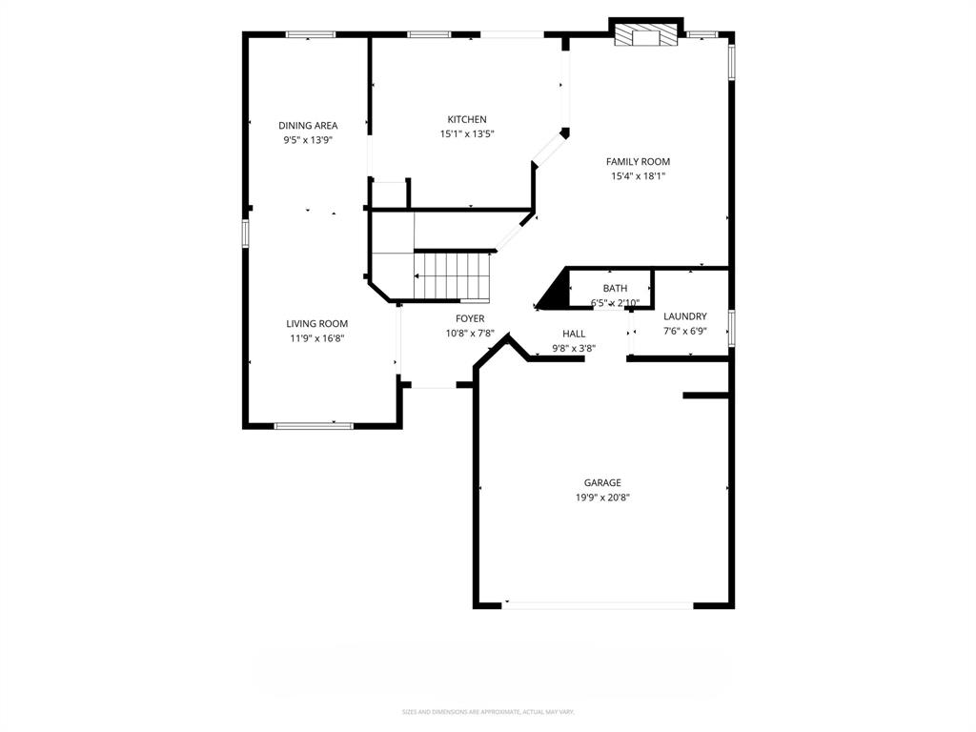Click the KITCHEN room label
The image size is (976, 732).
click(x=467, y=119)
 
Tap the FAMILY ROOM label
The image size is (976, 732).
click(x=638, y=162)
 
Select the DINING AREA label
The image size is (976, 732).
click(x=308, y=126)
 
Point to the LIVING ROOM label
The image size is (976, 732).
click(x=316, y=324)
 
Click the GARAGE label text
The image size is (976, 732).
click(x=602, y=483)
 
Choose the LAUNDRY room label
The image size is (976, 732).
click(x=684, y=316)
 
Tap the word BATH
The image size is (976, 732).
click(x=615, y=289)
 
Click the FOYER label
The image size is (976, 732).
click(x=470, y=318)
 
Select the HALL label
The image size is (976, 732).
click(x=574, y=334)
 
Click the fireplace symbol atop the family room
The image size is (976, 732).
click(x=646, y=36)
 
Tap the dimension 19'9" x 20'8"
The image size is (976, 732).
click(x=602, y=498)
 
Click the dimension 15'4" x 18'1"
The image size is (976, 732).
click(x=638, y=176)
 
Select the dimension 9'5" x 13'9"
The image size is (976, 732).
click(x=308, y=140)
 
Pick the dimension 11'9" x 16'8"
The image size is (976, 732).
click(x=316, y=338)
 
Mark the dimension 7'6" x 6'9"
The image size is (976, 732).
click(x=684, y=332)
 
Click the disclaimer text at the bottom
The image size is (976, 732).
click(x=487, y=712)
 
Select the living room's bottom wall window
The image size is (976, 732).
click(x=314, y=425)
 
